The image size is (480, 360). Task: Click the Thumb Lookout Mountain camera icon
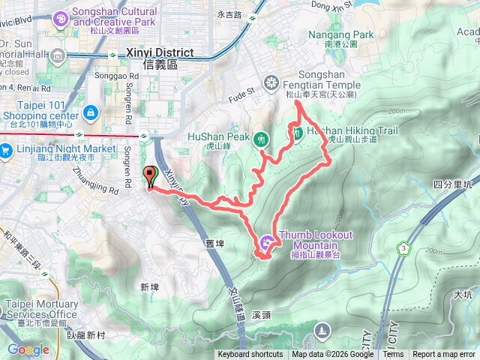pos(268,242)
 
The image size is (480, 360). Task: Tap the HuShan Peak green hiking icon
pos(261,138)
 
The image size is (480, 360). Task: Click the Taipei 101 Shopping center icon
pos(90,113)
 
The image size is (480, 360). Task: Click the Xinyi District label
pos(160,53)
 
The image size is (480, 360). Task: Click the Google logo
pos(28,349)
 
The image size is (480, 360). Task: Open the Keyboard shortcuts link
pos(250,355)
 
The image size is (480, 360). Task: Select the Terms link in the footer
pos(393,355)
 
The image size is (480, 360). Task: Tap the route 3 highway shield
pos(404,247)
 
